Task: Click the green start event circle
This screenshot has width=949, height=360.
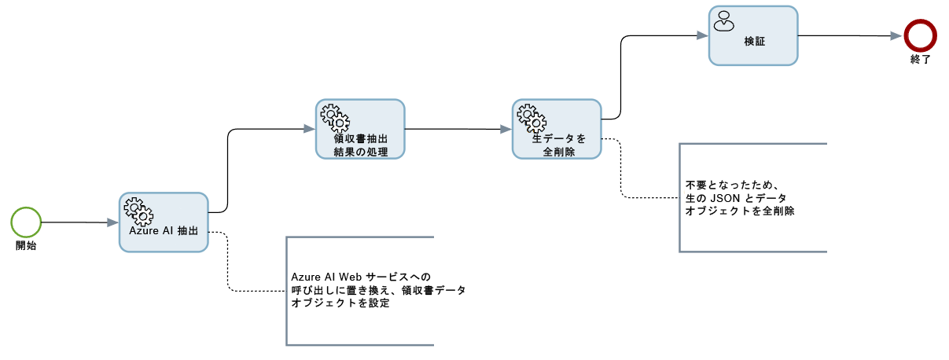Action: [26, 222]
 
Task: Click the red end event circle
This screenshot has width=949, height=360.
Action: [918, 35]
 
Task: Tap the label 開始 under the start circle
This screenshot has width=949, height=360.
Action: [26, 245]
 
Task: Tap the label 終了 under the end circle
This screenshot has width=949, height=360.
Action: [919, 59]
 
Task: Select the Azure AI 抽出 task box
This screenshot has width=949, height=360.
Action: [164, 222]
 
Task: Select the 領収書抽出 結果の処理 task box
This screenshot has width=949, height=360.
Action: [360, 129]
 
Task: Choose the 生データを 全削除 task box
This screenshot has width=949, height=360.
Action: [557, 129]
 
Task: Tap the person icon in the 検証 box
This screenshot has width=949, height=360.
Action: [723, 20]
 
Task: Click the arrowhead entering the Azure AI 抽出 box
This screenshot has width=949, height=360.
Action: [113, 222]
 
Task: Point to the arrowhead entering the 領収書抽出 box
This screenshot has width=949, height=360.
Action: [310, 129]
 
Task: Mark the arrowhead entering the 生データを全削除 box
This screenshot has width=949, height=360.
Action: [506, 129]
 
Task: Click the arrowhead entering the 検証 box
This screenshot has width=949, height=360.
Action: [703, 35]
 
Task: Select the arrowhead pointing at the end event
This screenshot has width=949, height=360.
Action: [896, 35]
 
